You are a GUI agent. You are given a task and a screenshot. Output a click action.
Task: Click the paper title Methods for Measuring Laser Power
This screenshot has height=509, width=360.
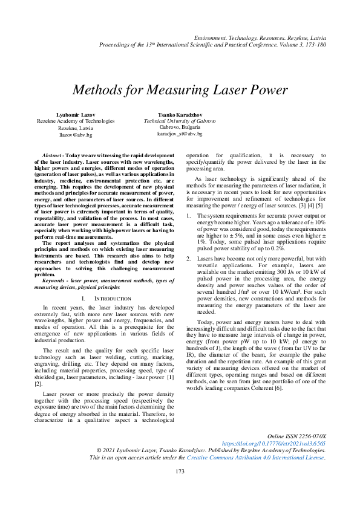180,90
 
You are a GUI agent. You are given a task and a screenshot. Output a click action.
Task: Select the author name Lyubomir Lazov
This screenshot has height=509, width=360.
75,114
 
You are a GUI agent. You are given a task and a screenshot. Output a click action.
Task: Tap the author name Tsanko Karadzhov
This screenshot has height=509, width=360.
180,114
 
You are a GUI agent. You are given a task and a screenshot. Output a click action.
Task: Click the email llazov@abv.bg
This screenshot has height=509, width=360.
75,135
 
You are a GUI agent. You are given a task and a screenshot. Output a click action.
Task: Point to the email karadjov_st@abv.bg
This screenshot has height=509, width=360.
180,134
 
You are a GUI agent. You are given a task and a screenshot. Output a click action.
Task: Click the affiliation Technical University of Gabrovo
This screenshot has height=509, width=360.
180,121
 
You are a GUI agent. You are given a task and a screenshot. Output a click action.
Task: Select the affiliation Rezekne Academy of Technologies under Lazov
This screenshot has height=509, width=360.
75,121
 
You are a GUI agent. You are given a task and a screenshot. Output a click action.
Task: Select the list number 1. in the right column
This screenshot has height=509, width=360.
188,215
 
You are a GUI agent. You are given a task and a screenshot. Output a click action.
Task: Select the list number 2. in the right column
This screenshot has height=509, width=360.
188,258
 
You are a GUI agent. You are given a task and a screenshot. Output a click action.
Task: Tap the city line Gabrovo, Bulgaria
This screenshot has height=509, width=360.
180,128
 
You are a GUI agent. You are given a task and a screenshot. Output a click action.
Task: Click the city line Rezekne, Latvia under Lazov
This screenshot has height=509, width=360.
75,128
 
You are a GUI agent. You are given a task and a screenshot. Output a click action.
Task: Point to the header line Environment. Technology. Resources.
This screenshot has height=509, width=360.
260,37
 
